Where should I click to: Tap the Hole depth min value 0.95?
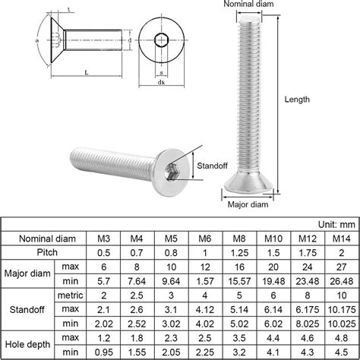click(x=104, y=352)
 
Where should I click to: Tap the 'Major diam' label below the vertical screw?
click(x=248, y=204)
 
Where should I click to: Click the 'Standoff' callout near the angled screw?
click(x=214, y=163)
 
